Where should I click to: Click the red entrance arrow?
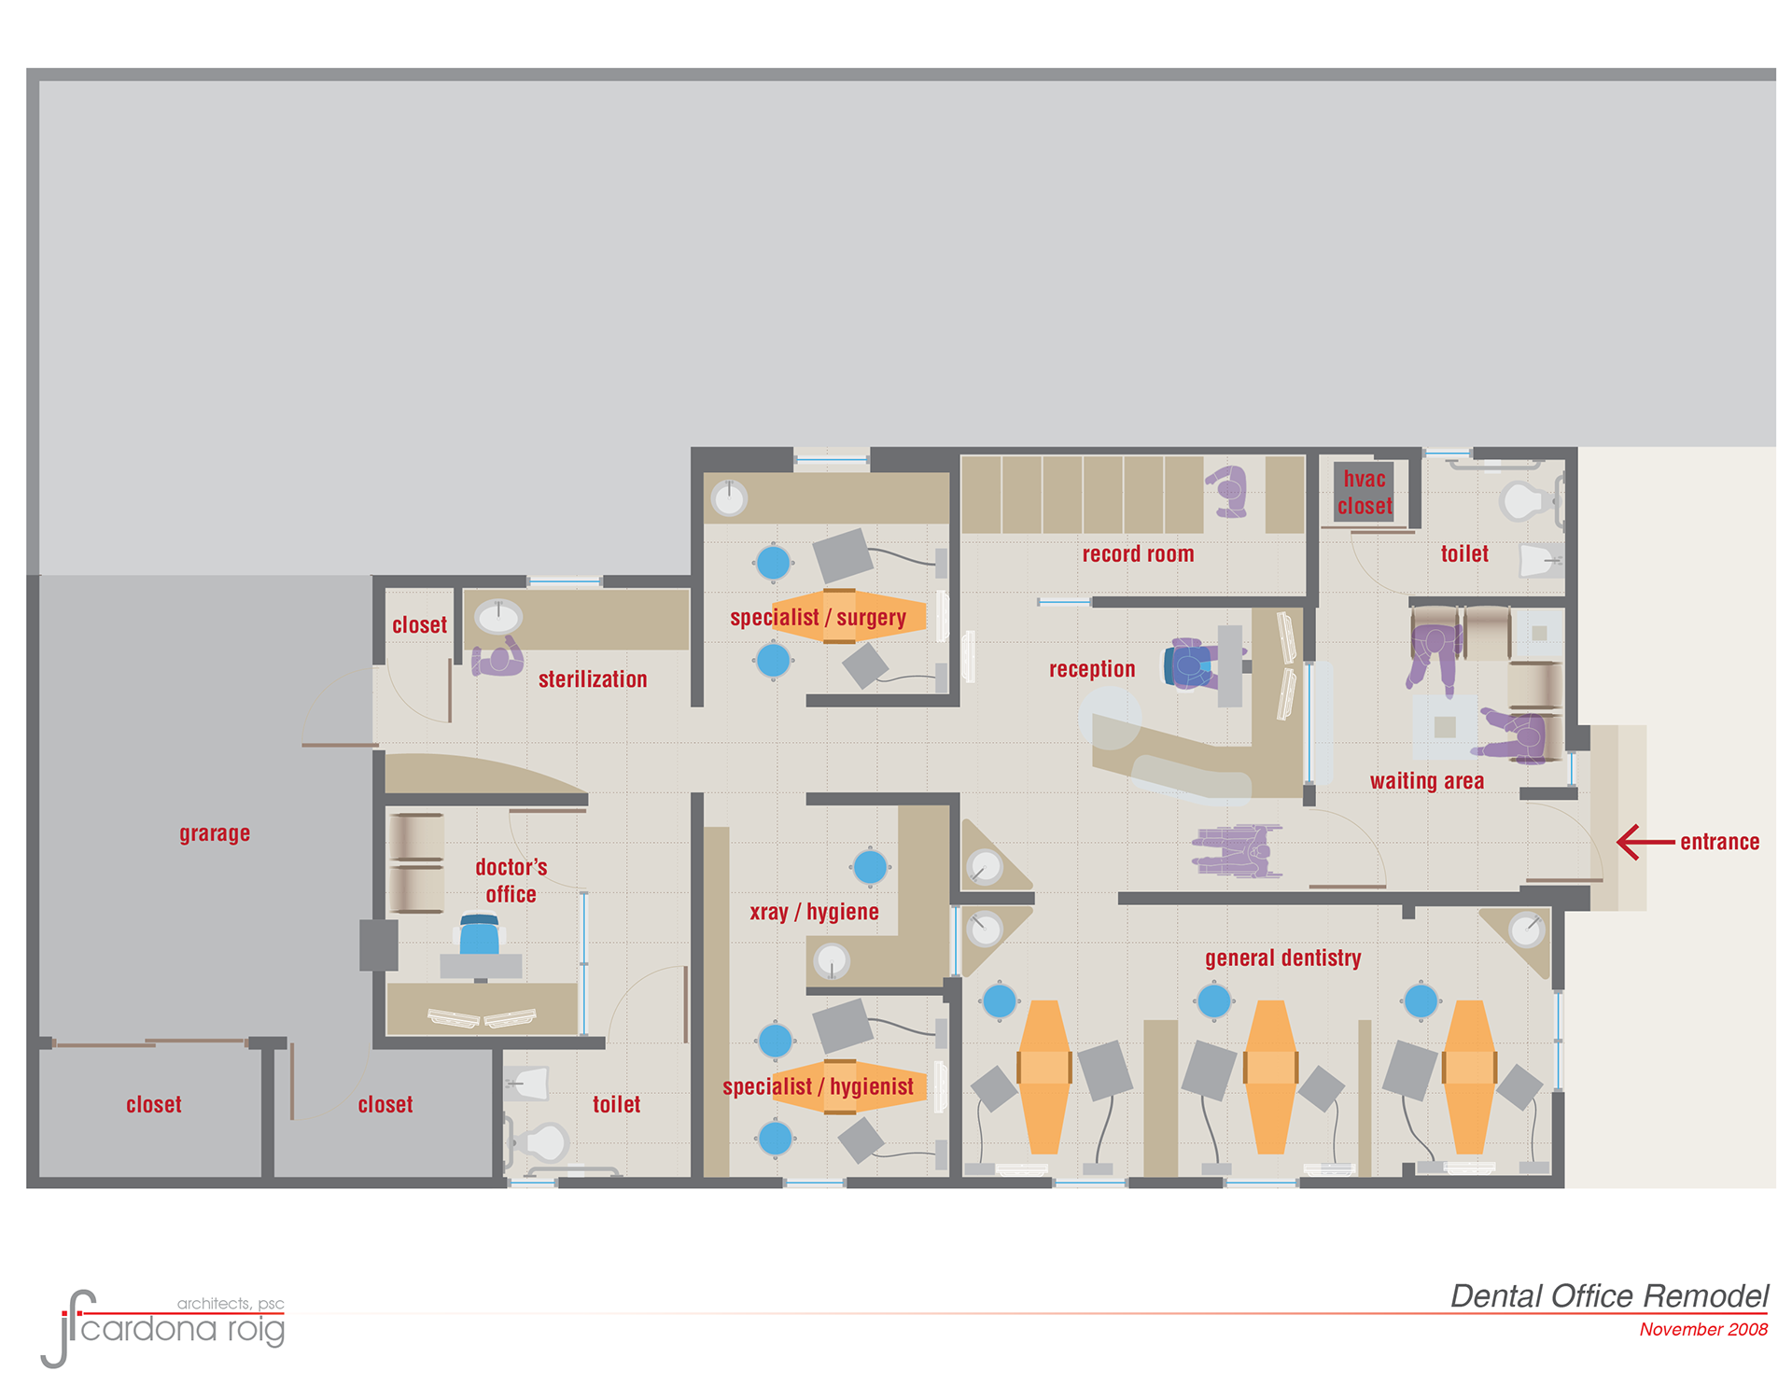click(x=1645, y=842)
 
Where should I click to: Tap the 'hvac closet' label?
click(x=1365, y=493)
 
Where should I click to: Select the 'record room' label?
click(x=1138, y=554)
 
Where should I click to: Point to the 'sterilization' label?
click(x=593, y=679)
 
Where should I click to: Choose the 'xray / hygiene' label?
click(x=814, y=912)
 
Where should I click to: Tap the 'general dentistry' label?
click(x=1282, y=958)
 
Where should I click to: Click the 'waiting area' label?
click(x=1426, y=781)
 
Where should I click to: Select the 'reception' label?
click(x=1092, y=669)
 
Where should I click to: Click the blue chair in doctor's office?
click(x=480, y=934)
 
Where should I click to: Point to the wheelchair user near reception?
click(x=1236, y=851)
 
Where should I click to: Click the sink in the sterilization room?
click(x=498, y=616)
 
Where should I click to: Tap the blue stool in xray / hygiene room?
click(x=870, y=867)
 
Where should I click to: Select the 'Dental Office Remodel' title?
click(x=1609, y=1296)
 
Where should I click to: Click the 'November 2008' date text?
click(x=1703, y=1329)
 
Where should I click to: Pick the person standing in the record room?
click(x=1228, y=491)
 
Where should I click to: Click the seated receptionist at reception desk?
click(x=1192, y=665)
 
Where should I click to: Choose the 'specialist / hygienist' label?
click(x=818, y=1086)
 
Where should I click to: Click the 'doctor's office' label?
click(x=511, y=881)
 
